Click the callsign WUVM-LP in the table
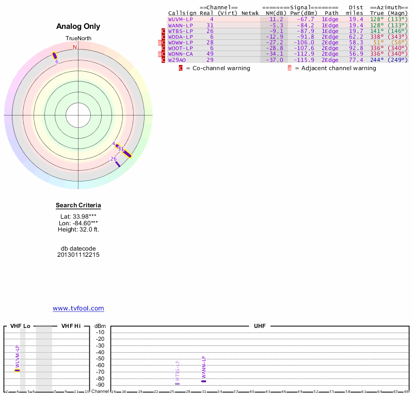[180, 19]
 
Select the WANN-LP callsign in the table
[180, 25]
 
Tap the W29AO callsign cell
[177, 60]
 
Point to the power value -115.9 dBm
[302, 60]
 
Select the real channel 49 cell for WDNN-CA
[210, 54]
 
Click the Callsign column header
[182, 13]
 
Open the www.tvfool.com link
[78, 308]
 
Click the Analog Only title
[78, 26]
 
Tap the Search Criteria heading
[78, 206]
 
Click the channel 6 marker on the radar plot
[55, 56]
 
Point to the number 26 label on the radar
[113, 159]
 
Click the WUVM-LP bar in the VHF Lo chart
[17, 370]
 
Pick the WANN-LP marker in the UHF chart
[203, 381]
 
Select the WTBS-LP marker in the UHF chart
[177, 384]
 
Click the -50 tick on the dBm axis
[101, 358]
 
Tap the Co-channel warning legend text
[218, 69]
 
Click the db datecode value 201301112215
[78, 255]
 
